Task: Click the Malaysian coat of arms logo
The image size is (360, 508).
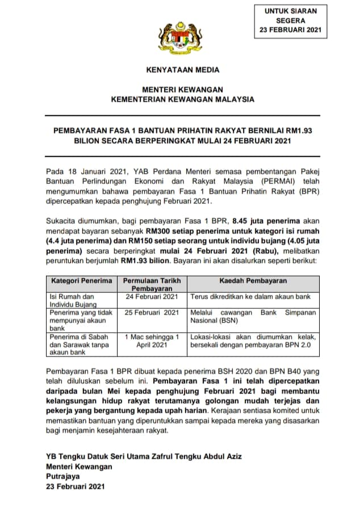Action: click(x=179, y=36)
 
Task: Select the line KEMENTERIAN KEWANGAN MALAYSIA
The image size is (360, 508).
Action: click(x=182, y=99)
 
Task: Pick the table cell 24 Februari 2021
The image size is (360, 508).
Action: click(x=152, y=296)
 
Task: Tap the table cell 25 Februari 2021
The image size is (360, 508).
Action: click(x=152, y=313)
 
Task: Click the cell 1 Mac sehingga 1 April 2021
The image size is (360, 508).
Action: click(x=152, y=341)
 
